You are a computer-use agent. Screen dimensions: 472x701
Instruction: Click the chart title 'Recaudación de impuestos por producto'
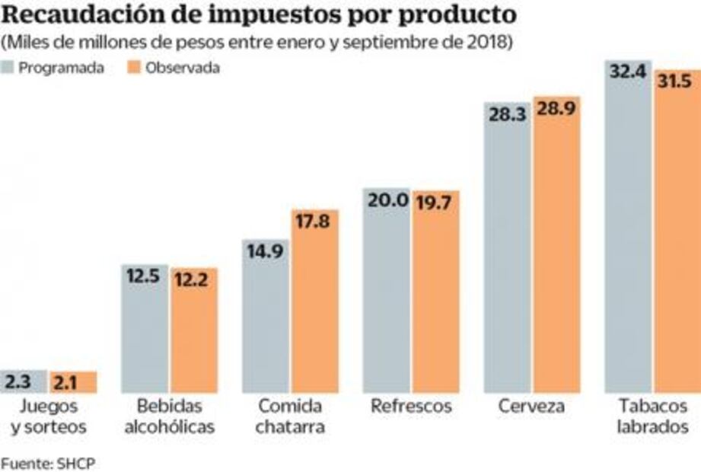(258, 15)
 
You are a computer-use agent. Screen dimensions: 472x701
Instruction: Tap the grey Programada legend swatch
(10, 68)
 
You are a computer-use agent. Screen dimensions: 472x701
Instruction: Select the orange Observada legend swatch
(135, 68)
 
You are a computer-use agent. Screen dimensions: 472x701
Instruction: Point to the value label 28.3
(508, 114)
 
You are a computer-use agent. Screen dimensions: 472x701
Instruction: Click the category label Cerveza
(532, 407)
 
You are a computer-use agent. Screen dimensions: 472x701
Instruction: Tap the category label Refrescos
(411, 407)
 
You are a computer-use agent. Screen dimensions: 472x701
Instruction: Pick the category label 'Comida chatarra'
(290, 416)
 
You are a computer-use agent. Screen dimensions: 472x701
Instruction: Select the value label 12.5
(144, 278)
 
